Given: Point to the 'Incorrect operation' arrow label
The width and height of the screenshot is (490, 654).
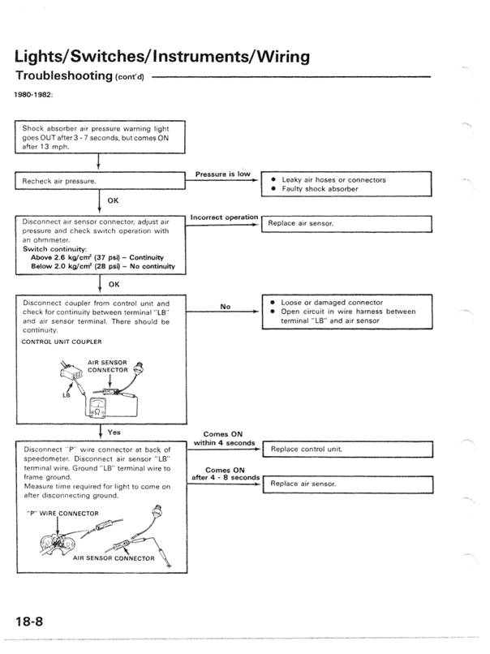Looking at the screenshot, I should click(x=223, y=217).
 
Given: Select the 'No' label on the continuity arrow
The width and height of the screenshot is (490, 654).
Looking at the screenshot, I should click(x=225, y=307).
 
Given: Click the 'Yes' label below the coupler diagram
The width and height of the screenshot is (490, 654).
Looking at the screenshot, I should click(x=114, y=432).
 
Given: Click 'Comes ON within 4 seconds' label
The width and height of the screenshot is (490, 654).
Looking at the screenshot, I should click(x=223, y=438).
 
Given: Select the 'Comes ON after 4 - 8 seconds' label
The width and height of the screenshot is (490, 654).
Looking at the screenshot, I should click(x=225, y=474).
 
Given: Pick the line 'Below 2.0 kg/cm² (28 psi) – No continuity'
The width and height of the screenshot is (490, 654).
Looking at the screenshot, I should click(x=102, y=266).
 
